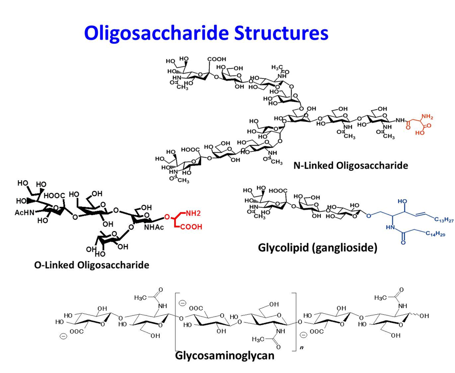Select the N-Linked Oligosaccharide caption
[x=351, y=166]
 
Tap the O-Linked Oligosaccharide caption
[x=92, y=265]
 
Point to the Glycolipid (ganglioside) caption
[x=318, y=248]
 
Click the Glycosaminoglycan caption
[x=225, y=356]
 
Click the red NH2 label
[x=193, y=214]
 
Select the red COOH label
[x=191, y=227]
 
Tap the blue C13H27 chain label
[x=444, y=220]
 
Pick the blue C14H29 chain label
[x=435, y=234]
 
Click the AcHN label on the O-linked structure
[x=24, y=213]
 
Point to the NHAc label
[x=154, y=227]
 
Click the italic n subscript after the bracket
[x=301, y=347]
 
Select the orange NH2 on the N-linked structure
[x=427, y=117]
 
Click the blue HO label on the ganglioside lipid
[x=402, y=201]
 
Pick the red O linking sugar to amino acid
[x=167, y=217]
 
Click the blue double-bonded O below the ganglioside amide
[x=403, y=242]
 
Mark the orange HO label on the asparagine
[x=420, y=133]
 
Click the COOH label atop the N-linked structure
[x=217, y=59]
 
